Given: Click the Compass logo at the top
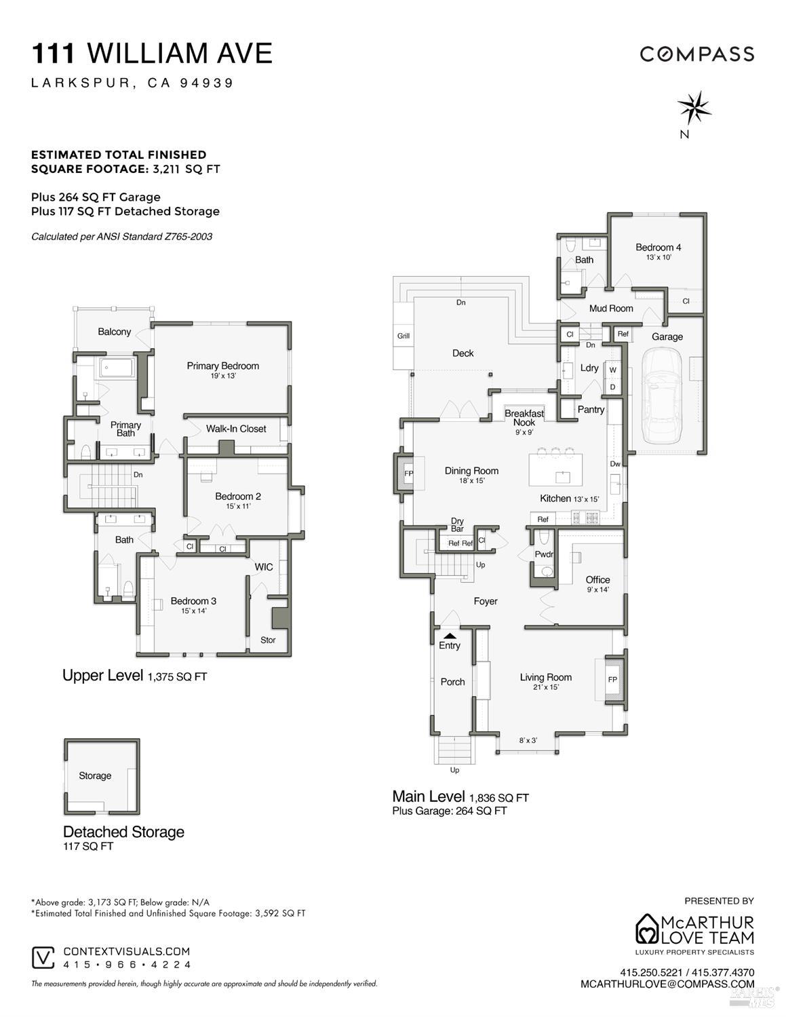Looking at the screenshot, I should click(697, 54).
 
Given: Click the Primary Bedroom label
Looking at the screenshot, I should click(222, 366).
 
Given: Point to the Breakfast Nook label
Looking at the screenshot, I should click(524, 418).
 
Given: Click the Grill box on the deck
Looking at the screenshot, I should click(404, 336).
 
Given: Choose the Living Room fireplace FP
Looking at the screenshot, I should click(612, 679).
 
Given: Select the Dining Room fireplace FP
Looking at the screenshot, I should click(409, 473).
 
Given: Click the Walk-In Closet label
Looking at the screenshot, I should click(236, 429).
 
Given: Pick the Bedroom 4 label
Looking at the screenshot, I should click(658, 248).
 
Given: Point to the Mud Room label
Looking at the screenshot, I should click(611, 308).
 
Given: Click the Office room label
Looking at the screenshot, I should click(597, 580).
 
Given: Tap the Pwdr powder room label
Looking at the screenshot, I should click(544, 554).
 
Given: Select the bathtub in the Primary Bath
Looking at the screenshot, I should click(117, 368).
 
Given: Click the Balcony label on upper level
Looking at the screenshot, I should click(114, 332).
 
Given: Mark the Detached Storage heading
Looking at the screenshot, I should click(123, 832).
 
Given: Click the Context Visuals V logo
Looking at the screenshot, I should click(43, 957).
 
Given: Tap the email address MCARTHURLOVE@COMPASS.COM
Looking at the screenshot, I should click(667, 984).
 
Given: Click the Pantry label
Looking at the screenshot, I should click(591, 410).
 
